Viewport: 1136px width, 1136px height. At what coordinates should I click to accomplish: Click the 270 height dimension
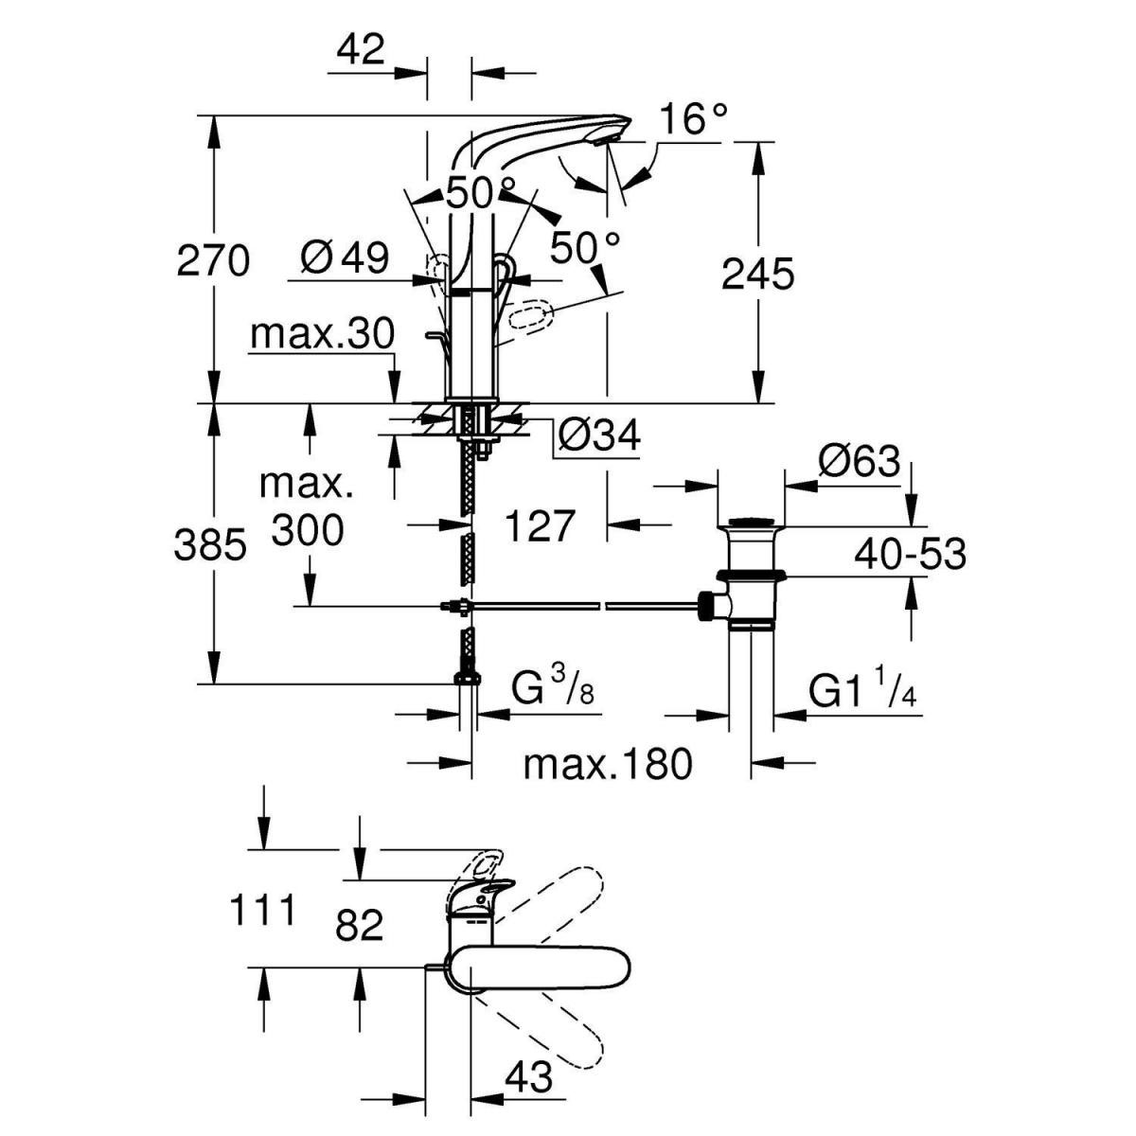click(213, 260)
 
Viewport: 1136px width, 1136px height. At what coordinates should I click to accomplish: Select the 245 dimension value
click(757, 275)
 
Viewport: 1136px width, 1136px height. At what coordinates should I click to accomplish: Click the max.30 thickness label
click(322, 334)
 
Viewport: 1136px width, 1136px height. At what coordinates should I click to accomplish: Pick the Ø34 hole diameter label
click(598, 436)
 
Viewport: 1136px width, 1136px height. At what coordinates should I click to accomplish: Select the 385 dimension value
click(210, 545)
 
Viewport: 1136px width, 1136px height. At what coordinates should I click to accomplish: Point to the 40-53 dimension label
click(910, 554)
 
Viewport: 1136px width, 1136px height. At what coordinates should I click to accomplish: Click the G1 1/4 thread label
click(862, 691)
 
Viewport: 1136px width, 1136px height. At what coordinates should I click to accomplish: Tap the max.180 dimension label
click(608, 763)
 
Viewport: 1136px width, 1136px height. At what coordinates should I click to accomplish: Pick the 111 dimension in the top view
click(263, 911)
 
